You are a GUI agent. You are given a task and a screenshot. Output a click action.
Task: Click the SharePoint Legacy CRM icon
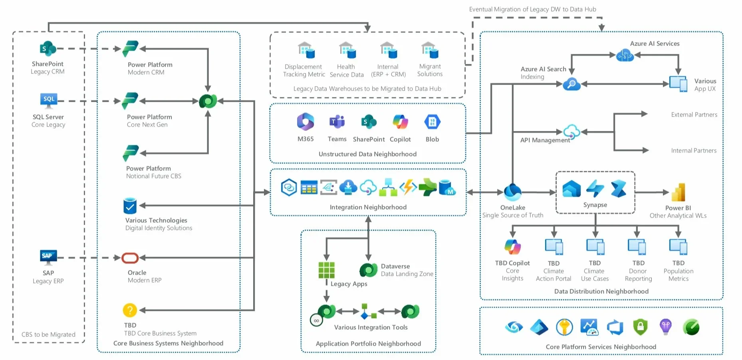[48, 49]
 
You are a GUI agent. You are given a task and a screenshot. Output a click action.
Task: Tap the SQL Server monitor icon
[49, 101]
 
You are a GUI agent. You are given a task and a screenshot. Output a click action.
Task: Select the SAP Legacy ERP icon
[48, 257]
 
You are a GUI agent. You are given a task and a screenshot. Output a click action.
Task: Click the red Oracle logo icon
[130, 258]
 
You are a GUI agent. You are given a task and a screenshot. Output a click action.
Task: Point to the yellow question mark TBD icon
[130, 310]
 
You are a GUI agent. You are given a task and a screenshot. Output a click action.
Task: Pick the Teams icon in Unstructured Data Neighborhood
[337, 122]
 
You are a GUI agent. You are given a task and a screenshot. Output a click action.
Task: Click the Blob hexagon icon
[432, 122]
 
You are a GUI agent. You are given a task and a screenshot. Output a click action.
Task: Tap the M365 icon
[306, 122]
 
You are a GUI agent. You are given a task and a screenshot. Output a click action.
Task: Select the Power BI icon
[678, 192]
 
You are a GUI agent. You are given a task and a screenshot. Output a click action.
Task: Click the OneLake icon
[512, 192]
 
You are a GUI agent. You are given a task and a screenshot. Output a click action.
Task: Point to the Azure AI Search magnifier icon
[571, 84]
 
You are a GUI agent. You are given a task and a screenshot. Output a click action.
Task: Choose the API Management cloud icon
[571, 131]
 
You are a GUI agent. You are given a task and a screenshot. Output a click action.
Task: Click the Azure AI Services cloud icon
[625, 55]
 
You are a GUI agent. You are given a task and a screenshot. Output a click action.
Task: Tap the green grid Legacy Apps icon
[326, 270]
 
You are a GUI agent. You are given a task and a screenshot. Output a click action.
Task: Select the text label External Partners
[694, 115]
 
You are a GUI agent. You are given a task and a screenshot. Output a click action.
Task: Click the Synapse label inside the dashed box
[595, 205]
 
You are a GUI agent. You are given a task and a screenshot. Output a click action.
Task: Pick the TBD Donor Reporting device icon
[637, 247]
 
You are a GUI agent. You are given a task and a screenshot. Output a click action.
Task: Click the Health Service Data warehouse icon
[347, 50]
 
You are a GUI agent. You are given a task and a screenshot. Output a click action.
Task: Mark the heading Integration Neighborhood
[368, 207]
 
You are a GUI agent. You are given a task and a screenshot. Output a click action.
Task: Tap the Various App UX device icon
[678, 84]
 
